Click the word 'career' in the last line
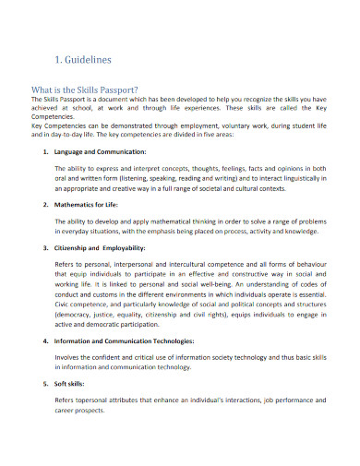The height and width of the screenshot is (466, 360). click(66, 411)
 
